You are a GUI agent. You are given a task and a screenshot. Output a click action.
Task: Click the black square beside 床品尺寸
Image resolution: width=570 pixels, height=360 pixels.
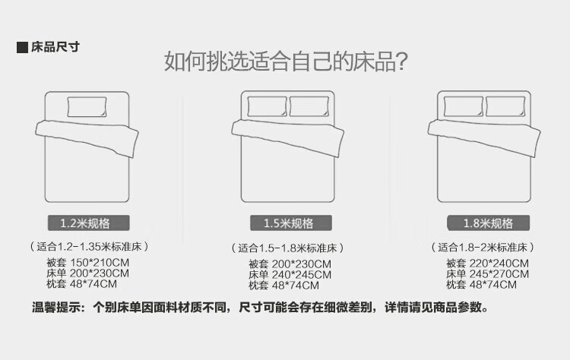[22, 48]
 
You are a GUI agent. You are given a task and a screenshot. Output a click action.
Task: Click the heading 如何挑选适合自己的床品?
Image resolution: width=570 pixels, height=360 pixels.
[286, 61]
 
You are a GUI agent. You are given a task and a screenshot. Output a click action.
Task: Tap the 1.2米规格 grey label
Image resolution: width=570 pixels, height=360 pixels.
[89, 223]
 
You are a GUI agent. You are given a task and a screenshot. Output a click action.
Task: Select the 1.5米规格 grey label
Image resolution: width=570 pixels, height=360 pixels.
[291, 223]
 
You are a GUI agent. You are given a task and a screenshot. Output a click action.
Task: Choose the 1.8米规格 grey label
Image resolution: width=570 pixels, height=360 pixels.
[488, 223]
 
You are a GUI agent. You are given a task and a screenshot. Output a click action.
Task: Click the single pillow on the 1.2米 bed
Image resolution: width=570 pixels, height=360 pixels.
[87, 107]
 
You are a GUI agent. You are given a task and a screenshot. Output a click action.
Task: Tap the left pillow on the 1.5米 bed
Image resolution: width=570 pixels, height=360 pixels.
[268, 106]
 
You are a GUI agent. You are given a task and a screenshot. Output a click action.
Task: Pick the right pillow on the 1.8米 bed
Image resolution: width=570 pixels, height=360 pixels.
[505, 106]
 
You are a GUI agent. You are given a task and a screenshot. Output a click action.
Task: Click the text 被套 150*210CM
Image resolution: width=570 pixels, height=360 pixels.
[87, 262]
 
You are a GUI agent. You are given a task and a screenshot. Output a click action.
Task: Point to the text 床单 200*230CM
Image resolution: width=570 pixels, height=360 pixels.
[87, 273]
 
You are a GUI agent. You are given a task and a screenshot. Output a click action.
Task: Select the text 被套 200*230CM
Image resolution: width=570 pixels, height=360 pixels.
[290, 264]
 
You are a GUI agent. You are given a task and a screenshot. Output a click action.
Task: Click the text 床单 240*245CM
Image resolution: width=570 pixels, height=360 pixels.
[290, 275]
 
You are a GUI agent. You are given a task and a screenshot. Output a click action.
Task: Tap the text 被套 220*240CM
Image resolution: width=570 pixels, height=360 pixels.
[487, 263]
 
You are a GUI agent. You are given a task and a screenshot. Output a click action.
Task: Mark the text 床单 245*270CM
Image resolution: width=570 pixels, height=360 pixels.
[487, 274]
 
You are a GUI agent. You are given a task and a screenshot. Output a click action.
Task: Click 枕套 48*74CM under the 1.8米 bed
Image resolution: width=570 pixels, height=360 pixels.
[481, 285]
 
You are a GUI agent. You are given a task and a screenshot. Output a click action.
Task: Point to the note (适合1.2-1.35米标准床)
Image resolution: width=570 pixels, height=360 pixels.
[89, 247]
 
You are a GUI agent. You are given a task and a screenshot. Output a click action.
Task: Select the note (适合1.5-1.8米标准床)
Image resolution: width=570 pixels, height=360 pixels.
[287, 248]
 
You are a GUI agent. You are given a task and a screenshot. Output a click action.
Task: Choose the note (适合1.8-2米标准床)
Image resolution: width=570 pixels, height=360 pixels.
[483, 248]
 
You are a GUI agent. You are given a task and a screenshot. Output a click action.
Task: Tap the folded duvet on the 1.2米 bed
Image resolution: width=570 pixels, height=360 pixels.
[87, 137]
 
